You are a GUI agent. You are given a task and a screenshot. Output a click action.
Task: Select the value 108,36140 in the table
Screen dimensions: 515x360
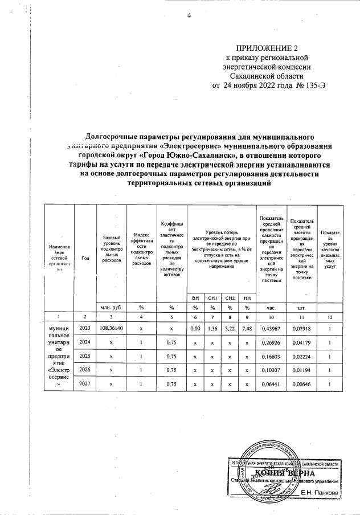[x=111, y=328]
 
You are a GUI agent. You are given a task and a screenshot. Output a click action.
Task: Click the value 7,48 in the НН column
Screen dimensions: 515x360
[x=247, y=328]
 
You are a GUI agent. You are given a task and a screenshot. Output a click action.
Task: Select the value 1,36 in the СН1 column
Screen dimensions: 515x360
[x=212, y=328]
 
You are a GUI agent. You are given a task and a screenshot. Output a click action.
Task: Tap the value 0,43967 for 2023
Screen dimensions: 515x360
[x=271, y=328]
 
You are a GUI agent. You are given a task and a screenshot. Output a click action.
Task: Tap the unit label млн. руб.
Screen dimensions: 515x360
[x=111, y=306]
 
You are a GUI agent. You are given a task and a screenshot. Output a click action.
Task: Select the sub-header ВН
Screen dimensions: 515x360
[x=195, y=297]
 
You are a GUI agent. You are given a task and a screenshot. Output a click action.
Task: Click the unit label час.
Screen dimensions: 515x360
[x=271, y=306]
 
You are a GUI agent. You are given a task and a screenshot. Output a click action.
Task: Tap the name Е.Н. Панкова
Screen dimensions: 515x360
[x=318, y=492]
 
